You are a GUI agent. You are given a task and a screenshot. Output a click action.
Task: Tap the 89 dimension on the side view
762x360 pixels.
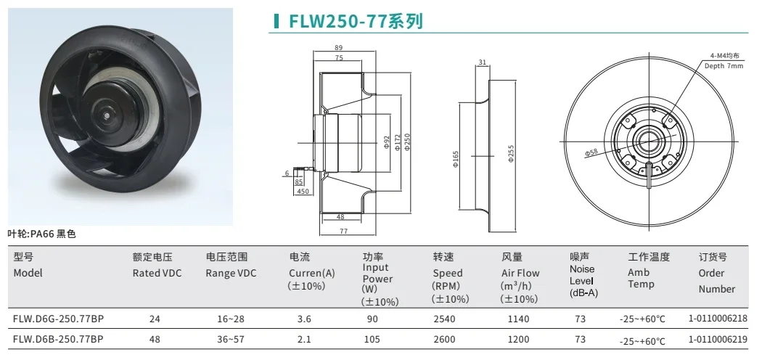(338, 47)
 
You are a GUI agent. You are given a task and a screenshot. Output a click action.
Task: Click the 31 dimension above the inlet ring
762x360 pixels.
(483, 62)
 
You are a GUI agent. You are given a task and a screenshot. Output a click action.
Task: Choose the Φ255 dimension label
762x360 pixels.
(512, 152)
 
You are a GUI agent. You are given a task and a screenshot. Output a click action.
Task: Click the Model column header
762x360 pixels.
(28, 273)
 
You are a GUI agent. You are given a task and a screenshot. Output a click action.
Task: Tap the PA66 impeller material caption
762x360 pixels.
(41, 234)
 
